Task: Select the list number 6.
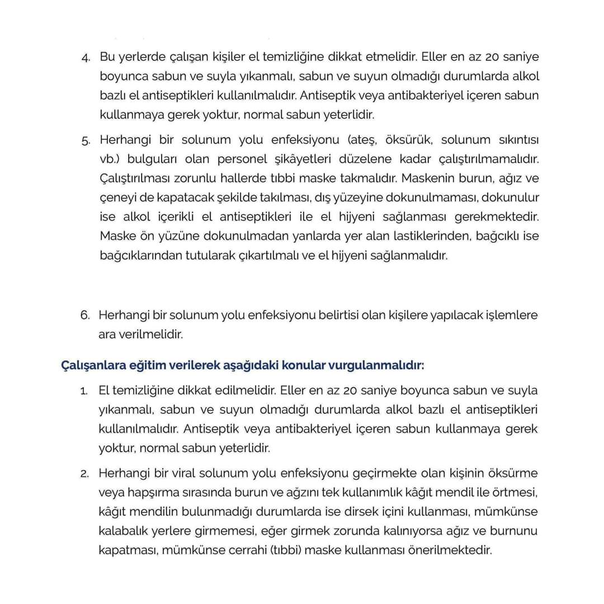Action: (x=84, y=315)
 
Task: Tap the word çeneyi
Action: (x=117, y=197)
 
